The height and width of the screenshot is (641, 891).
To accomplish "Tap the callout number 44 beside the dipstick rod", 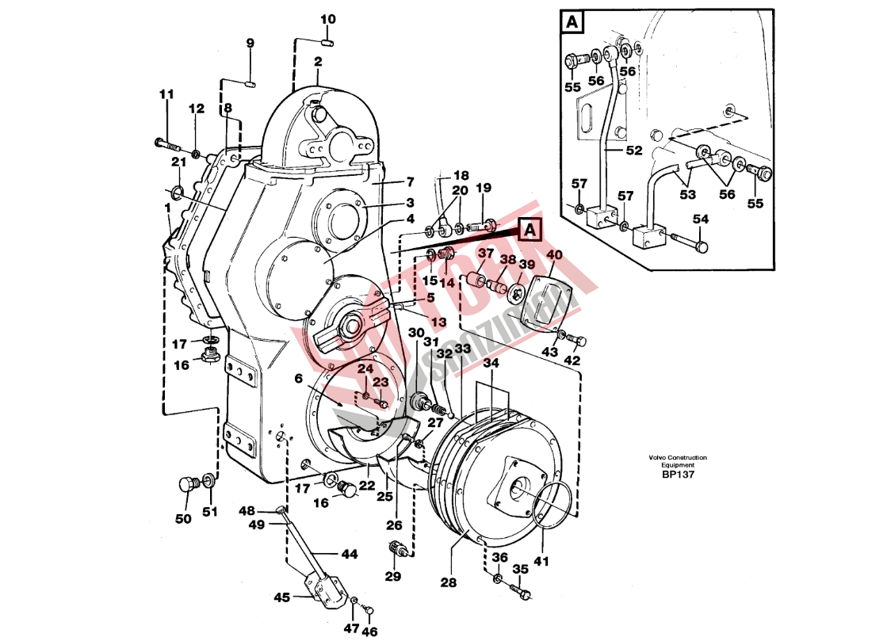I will pos(349,554).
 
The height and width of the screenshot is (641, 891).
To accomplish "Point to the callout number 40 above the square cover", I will pos(554,255).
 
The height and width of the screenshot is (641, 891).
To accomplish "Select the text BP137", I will pos(678,475).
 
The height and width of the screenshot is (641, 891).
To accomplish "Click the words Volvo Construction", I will pos(677,458).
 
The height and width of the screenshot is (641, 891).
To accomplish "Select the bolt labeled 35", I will pos(520,589).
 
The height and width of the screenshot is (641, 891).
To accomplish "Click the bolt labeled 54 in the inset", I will pos(690,242).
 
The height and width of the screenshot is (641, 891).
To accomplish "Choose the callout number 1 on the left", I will pos(167,207).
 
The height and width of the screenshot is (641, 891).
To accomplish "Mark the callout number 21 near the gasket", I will pos(179,162).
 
